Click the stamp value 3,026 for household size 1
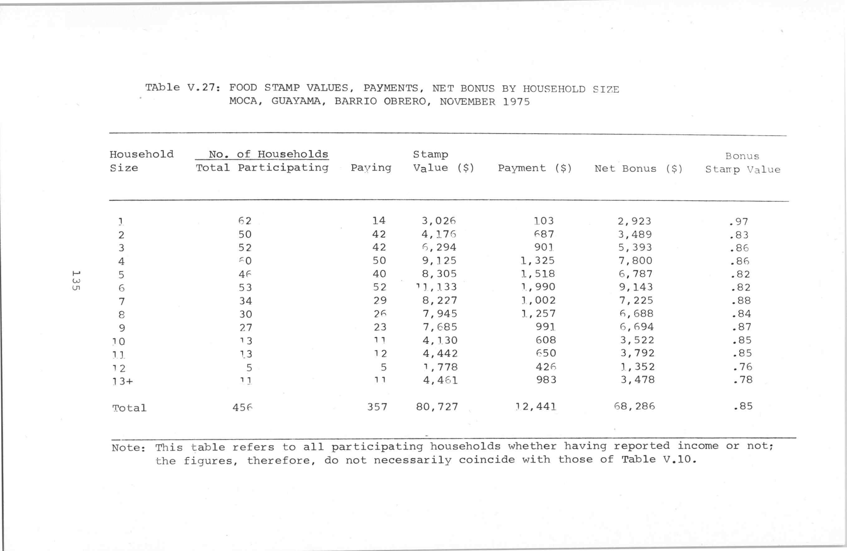[x=438, y=221]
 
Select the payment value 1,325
[x=538, y=261]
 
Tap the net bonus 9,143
[x=635, y=287]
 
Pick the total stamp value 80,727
[x=437, y=407]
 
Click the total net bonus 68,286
[x=635, y=406]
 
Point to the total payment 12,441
[x=536, y=407]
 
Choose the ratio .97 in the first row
[x=738, y=222]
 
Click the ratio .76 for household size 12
[x=742, y=367]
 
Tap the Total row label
[x=129, y=408]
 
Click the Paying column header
[x=371, y=168]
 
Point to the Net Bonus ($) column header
[x=639, y=169]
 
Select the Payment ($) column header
[x=534, y=168]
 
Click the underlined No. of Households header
[x=268, y=154]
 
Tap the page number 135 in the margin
[x=75, y=281]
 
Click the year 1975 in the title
[x=516, y=102]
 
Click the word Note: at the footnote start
[x=129, y=448]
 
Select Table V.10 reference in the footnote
[x=658, y=460]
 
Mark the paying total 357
[x=377, y=407]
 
